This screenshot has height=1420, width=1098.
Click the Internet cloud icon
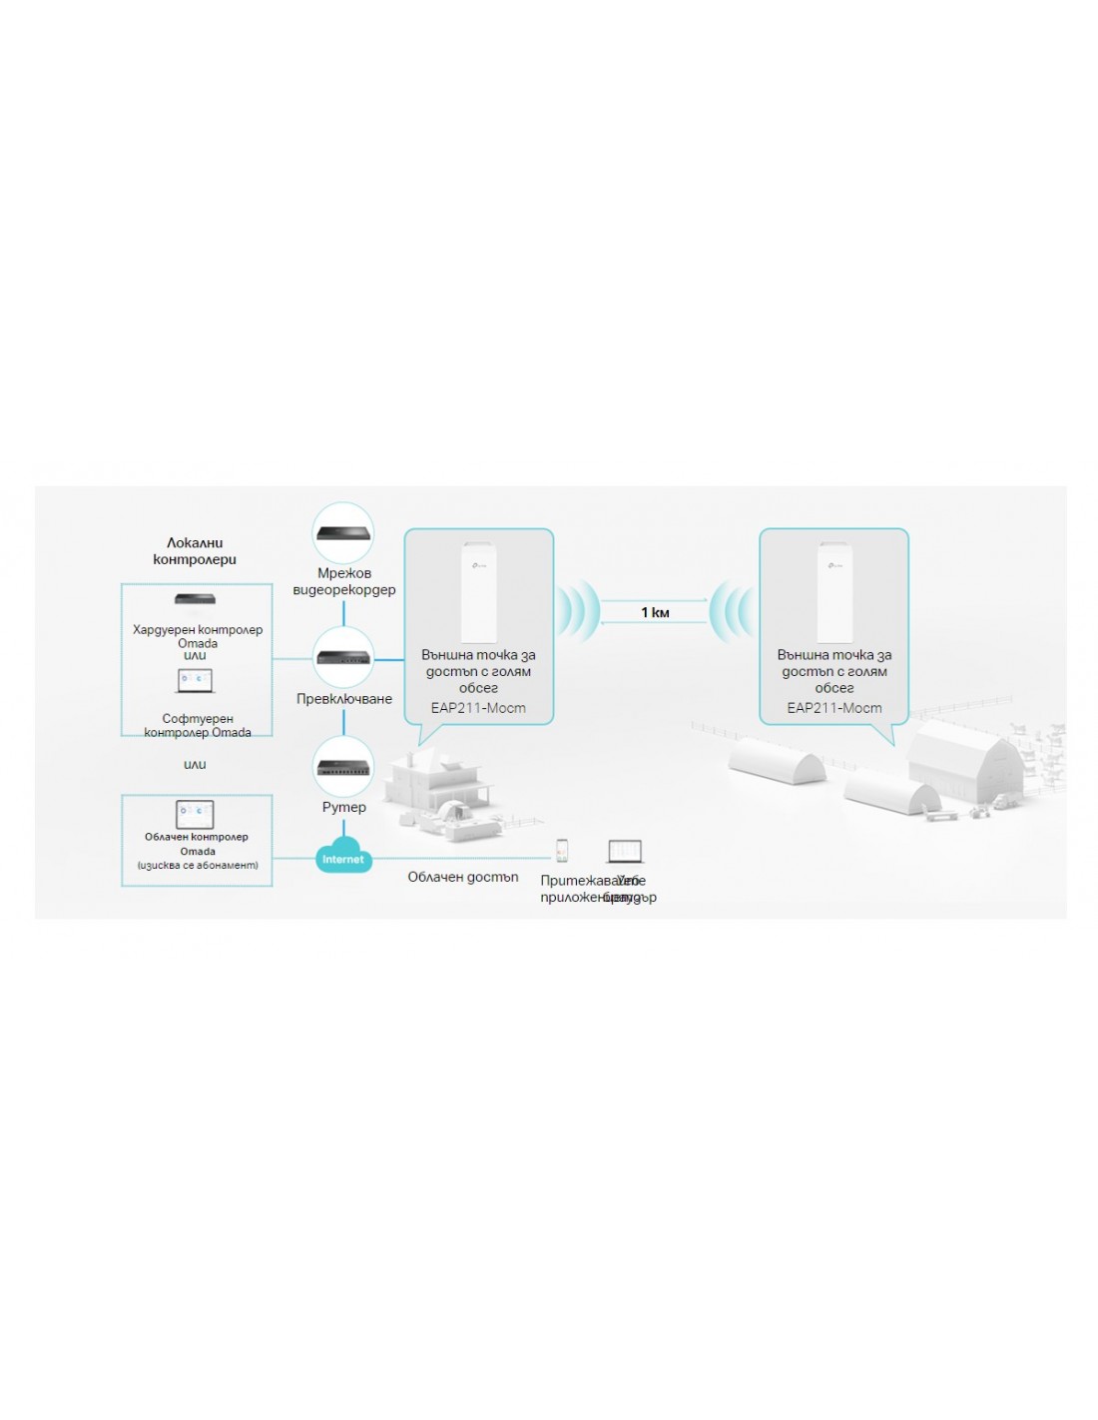point(343,857)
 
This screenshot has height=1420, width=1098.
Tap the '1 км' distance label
point(655,612)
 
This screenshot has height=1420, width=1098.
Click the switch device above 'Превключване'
point(343,657)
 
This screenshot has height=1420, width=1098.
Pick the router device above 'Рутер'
point(343,767)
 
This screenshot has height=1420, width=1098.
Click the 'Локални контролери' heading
point(195,551)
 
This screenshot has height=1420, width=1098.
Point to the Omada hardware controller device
point(196,599)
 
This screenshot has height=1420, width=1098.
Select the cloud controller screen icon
point(195,814)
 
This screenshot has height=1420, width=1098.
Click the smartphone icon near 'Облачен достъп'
point(562,851)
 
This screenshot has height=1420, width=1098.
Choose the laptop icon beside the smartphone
point(625,852)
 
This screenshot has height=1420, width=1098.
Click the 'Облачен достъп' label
point(463,877)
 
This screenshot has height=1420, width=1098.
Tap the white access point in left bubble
point(478,592)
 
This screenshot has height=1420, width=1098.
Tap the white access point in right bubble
point(834,592)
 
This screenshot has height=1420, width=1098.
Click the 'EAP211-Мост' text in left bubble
point(478,708)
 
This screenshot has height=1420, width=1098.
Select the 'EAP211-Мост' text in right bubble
point(834,708)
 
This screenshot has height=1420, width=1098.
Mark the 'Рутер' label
point(344,807)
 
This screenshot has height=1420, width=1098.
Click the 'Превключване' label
point(344,699)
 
